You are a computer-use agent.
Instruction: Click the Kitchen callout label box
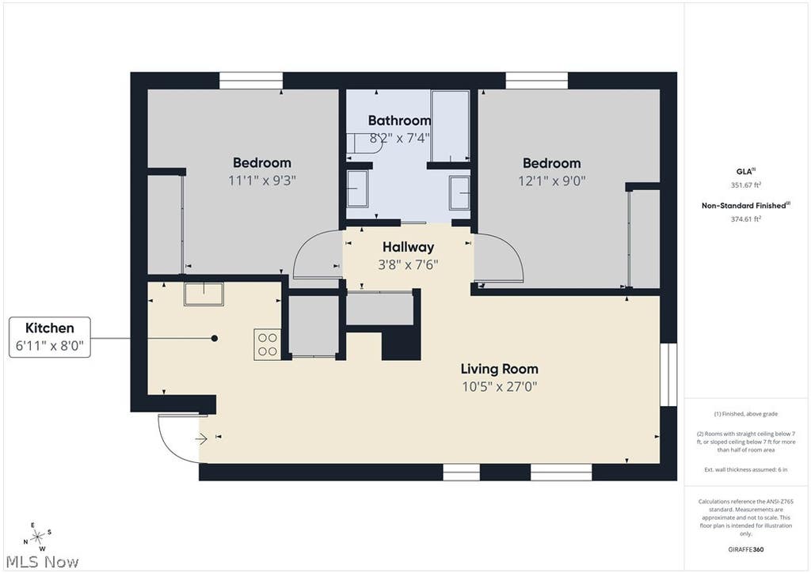(x=50, y=337)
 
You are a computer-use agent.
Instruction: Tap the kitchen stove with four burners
(x=267, y=344)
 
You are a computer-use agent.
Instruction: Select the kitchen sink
(x=204, y=294)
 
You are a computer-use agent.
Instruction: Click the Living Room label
(x=499, y=369)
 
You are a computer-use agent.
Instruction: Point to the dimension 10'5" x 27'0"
(x=499, y=386)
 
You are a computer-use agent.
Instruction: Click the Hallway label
(x=408, y=247)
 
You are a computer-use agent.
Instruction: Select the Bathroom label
(x=399, y=120)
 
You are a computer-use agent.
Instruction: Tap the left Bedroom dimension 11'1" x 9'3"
(x=262, y=180)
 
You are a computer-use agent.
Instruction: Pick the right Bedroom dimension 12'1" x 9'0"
(x=552, y=180)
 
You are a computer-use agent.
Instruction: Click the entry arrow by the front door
(x=201, y=439)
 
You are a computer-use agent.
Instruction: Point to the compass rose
(x=37, y=537)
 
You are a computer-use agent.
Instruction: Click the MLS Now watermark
(x=43, y=562)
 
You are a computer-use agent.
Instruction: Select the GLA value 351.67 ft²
(x=746, y=185)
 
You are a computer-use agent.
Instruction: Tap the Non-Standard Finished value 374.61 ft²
(x=746, y=219)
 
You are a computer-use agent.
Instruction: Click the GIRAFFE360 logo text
(x=746, y=549)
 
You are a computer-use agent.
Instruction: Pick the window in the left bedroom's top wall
(x=251, y=81)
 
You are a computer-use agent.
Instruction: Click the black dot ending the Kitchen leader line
(x=214, y=339)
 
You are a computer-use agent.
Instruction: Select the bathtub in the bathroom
(x=450, y=126)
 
